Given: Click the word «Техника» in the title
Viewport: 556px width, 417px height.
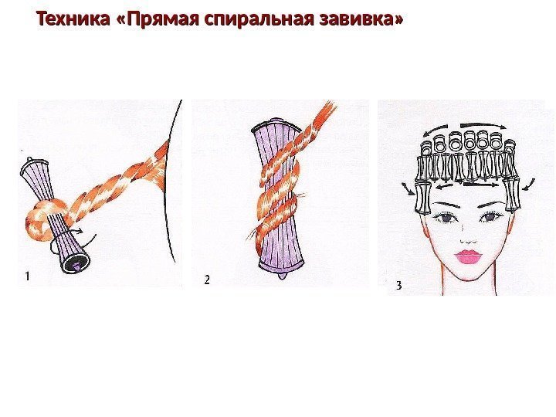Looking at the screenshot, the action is pyautogui.click(x=73, y=19).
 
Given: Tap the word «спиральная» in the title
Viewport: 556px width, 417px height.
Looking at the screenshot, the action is pyautogui.click(x=259, y=19).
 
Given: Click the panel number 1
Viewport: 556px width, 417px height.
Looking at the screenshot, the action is pyautogui.click(x=27, y=276).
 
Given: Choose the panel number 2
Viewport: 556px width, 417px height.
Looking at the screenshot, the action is pyautogui.click(x=207, y=280).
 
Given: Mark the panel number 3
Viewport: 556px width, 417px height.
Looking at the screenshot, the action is pyautogui.click(x=399, y=286).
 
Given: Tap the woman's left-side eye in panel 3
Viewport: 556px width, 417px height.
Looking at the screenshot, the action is pyautogui.click(x=443, y=217).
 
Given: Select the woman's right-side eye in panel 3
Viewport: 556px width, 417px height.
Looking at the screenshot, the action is pyautogui.click(x=490, y=217).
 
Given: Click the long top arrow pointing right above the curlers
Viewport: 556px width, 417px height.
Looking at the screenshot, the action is pyautogui.click(x=483, y=125).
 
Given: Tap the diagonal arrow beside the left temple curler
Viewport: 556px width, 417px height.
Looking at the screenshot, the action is pyautogui.click(x=408, y=189).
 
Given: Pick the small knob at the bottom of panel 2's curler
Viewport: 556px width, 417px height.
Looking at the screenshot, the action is pyautogui.click(x=282, y=276).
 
